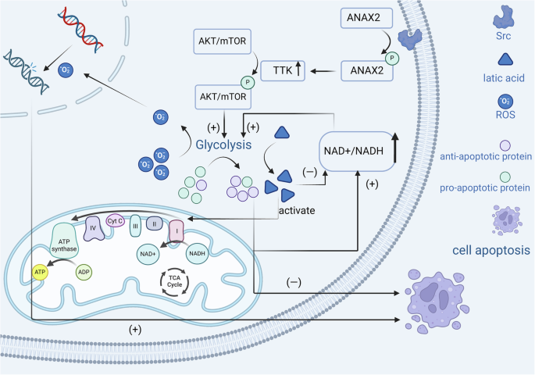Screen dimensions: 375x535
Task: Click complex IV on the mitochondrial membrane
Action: [x=94, y=228]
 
